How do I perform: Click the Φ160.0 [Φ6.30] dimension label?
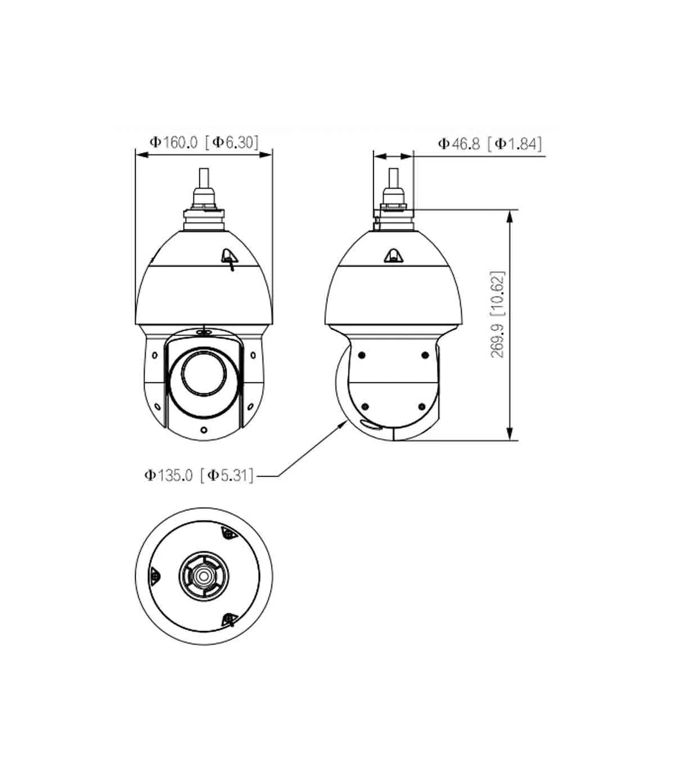204,142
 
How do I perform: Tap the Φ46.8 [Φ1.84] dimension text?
490,143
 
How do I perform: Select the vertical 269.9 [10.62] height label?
497,314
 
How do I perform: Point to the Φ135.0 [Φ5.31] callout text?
199,475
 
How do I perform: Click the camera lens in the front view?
204,373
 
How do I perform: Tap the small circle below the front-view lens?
204,429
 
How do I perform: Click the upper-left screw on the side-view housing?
362,355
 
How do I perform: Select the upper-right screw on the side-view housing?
425,355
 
